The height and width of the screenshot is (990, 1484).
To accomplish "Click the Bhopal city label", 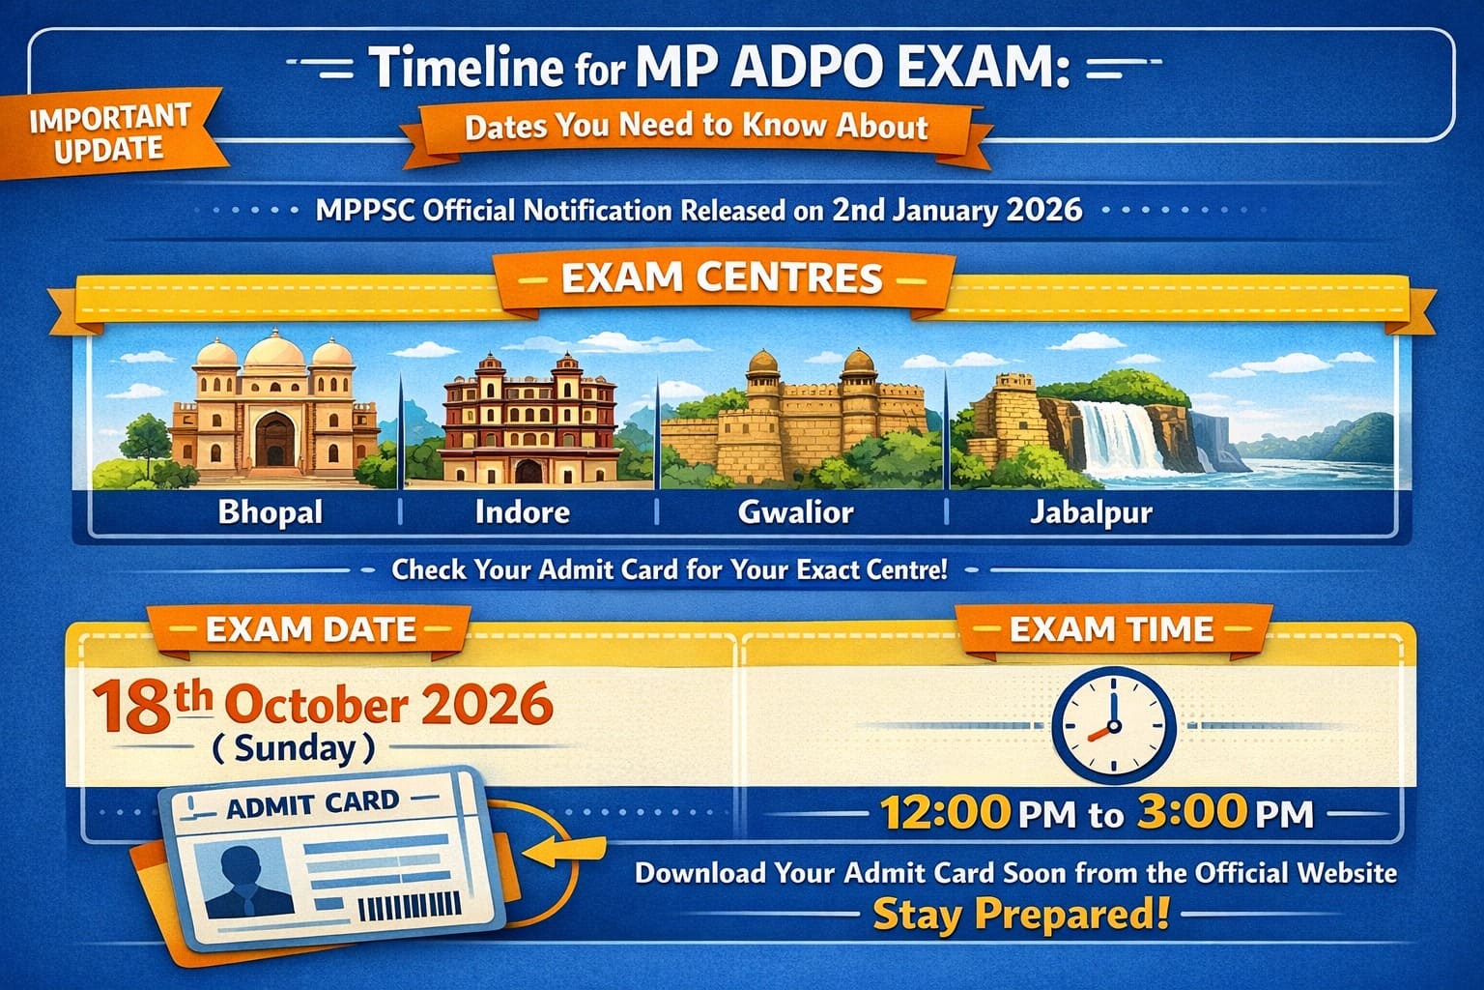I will coord(271,511).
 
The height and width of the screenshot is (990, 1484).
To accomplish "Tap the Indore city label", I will coord(522,511).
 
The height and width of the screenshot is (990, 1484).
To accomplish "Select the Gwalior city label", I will coord(795,511).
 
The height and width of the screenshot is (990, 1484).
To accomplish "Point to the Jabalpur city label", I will coord(1091,511).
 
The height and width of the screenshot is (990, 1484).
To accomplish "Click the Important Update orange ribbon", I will coord(109,133).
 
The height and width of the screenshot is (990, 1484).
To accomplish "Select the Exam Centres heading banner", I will coord(722,278).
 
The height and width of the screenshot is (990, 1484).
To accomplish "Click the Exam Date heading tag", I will coord(310,630).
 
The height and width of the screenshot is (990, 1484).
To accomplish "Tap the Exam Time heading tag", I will coord(1111,630).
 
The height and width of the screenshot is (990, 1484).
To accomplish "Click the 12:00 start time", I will coord(945,812).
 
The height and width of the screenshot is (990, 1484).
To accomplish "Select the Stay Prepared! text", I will coord(1020,914).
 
